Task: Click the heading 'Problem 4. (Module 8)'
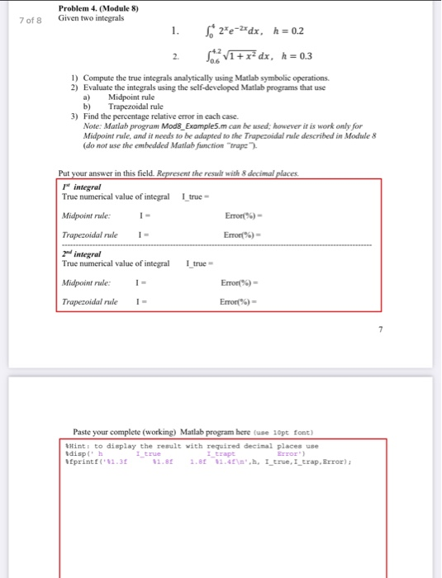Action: pyautogui.click(x=98, y=8)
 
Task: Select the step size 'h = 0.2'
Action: pyautogui.click(x=287, y=33)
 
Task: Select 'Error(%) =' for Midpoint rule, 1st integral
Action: pyautogui.click(x=245, y=216)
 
